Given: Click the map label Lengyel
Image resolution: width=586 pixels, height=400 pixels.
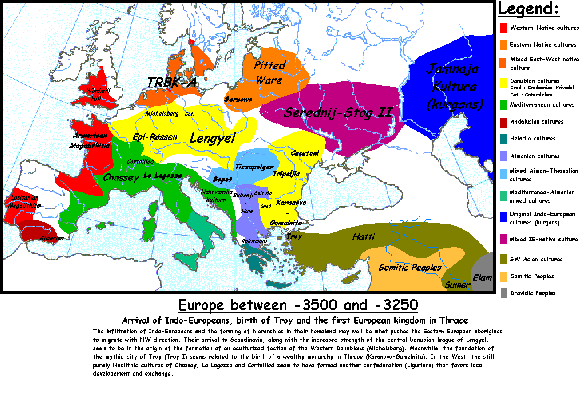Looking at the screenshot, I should [212, 138].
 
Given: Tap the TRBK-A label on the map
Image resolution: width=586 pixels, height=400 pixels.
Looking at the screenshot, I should [171, 83].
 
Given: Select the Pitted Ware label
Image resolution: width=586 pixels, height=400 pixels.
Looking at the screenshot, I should [269, 72].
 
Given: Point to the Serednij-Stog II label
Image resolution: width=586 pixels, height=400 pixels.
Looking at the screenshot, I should [338, 112].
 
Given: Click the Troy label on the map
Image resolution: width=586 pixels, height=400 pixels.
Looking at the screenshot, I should [294, 236].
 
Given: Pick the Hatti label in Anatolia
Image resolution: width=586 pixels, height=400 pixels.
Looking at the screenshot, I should [364, 237].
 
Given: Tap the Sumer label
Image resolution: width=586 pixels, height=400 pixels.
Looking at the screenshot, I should [457, 285].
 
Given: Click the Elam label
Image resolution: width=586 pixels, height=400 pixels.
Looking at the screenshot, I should [482, 278].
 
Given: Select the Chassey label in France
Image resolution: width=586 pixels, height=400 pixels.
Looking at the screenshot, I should [121, 178].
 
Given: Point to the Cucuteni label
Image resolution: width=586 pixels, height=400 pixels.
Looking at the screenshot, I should [305, 153].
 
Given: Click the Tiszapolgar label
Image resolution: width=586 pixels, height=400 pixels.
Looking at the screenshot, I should [254, 167].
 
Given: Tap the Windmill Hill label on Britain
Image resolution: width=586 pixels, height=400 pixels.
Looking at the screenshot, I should [98, 95].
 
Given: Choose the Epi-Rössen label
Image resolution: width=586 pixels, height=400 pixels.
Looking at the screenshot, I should [155, 137].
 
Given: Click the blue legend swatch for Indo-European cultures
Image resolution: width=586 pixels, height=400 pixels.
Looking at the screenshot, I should [503, 217].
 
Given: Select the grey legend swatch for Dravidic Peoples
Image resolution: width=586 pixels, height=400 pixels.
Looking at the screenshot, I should [503, 293].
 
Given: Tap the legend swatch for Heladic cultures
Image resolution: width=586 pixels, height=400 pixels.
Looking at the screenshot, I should [503, 139].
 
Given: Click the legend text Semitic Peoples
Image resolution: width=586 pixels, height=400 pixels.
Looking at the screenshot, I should [532, 276].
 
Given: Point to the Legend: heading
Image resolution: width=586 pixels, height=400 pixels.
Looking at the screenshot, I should [528, 9].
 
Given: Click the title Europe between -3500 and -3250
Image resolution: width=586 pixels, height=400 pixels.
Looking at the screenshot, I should [298, 305].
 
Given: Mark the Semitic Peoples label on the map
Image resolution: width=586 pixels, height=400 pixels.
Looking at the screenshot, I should [410, 268].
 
